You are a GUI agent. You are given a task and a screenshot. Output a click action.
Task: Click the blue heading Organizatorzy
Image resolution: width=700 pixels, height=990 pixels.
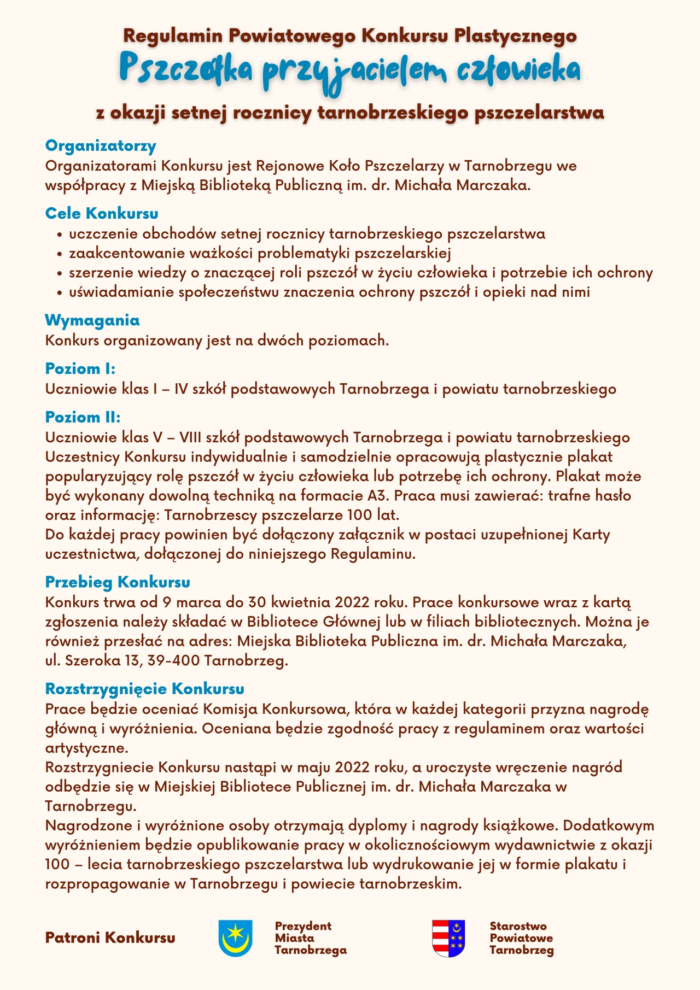click(x=101, y=146)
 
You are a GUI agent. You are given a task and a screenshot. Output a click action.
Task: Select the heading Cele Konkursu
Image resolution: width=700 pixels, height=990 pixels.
click(x=102, y=213)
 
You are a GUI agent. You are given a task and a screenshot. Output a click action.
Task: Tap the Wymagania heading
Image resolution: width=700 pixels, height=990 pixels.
click(x=92, y=320)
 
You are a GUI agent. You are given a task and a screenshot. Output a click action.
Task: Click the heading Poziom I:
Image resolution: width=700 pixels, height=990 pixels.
click(x=80, y=368)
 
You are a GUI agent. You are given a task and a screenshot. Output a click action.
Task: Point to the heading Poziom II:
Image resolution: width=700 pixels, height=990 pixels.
click(x=83, y=418)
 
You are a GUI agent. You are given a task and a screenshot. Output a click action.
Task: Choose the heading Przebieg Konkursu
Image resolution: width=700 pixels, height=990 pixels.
click(x=118, y=581)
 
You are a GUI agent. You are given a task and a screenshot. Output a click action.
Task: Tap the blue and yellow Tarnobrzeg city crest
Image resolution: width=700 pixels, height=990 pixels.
click(x=235, y=938)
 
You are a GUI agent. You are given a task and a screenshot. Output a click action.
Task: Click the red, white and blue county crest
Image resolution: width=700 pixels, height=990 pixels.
click(x=448, y=938)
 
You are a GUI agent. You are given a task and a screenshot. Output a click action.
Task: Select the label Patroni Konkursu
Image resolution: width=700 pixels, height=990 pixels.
click(x=110, y=938)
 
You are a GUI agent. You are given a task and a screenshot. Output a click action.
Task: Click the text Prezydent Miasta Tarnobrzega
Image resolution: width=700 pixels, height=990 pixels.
click(x=310, y=938)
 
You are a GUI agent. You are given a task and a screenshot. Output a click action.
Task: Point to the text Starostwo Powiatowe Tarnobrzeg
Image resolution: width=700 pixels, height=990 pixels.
click(x=521, y=938)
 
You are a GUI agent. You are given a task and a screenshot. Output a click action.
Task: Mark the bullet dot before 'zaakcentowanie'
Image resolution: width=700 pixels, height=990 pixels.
click(x=60, y=254)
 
